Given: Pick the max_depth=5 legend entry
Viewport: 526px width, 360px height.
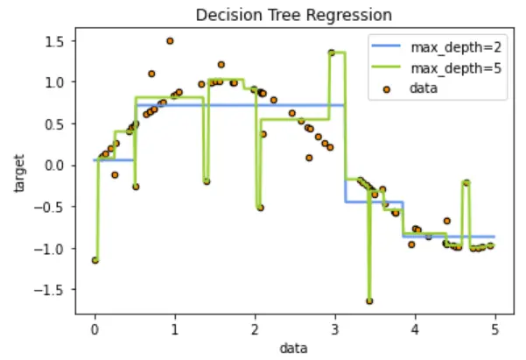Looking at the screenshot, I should point(439,67).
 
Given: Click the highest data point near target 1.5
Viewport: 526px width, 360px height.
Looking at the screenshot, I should point(170,41).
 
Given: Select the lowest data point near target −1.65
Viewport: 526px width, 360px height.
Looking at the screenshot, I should point(369,300).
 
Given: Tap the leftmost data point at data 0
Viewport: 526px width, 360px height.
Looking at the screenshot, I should point(95,260).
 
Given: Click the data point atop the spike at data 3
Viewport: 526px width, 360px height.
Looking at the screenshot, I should point(332,53).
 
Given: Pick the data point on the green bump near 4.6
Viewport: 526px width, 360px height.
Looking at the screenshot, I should point(466,182).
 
